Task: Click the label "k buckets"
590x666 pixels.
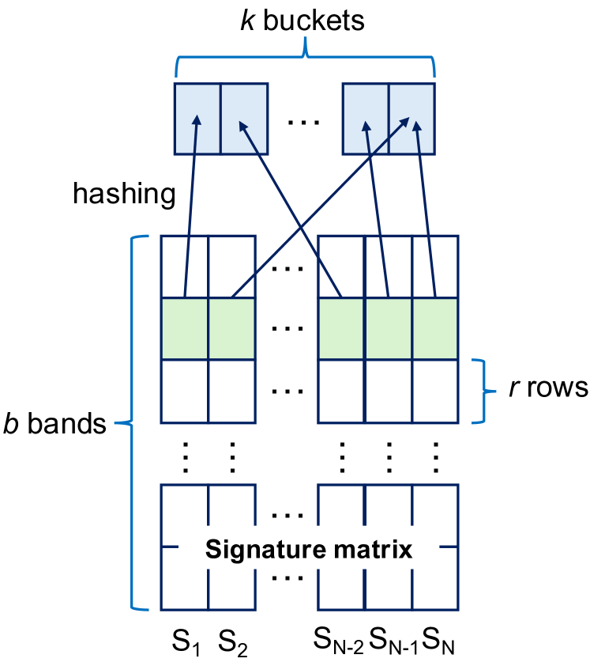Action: coord(303,20)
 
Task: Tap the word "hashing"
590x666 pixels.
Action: coord(124,194)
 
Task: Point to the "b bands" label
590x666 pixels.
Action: coord(55,424)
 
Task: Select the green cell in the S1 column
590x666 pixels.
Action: coord(185,328)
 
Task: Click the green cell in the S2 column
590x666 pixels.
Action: coord(231,328)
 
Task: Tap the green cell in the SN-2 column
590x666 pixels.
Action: coord(340,328)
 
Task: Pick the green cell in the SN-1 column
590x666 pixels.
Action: coord(388,328)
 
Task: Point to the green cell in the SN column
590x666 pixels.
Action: coord(435,328)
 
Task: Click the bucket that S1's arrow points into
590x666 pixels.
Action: coord(197,119)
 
